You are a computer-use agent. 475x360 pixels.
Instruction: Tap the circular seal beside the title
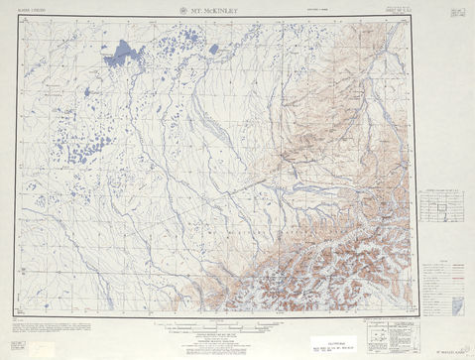click(x=182, y=11)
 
